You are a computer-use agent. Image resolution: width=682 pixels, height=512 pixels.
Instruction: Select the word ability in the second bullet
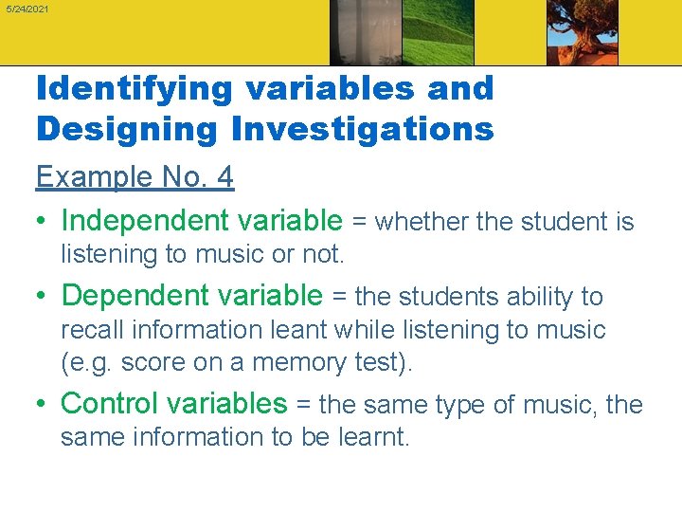pos(529,297)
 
